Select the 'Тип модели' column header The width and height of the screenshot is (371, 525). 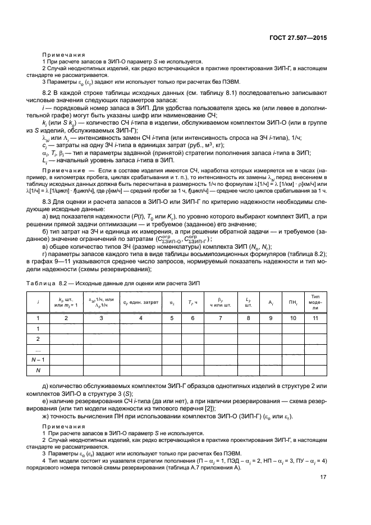(315, 302)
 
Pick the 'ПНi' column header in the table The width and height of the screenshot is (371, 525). (292, 302)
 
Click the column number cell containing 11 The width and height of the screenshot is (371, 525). (315, 318)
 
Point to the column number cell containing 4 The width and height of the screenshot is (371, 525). (141, 318)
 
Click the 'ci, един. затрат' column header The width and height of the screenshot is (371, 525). (141, 302)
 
